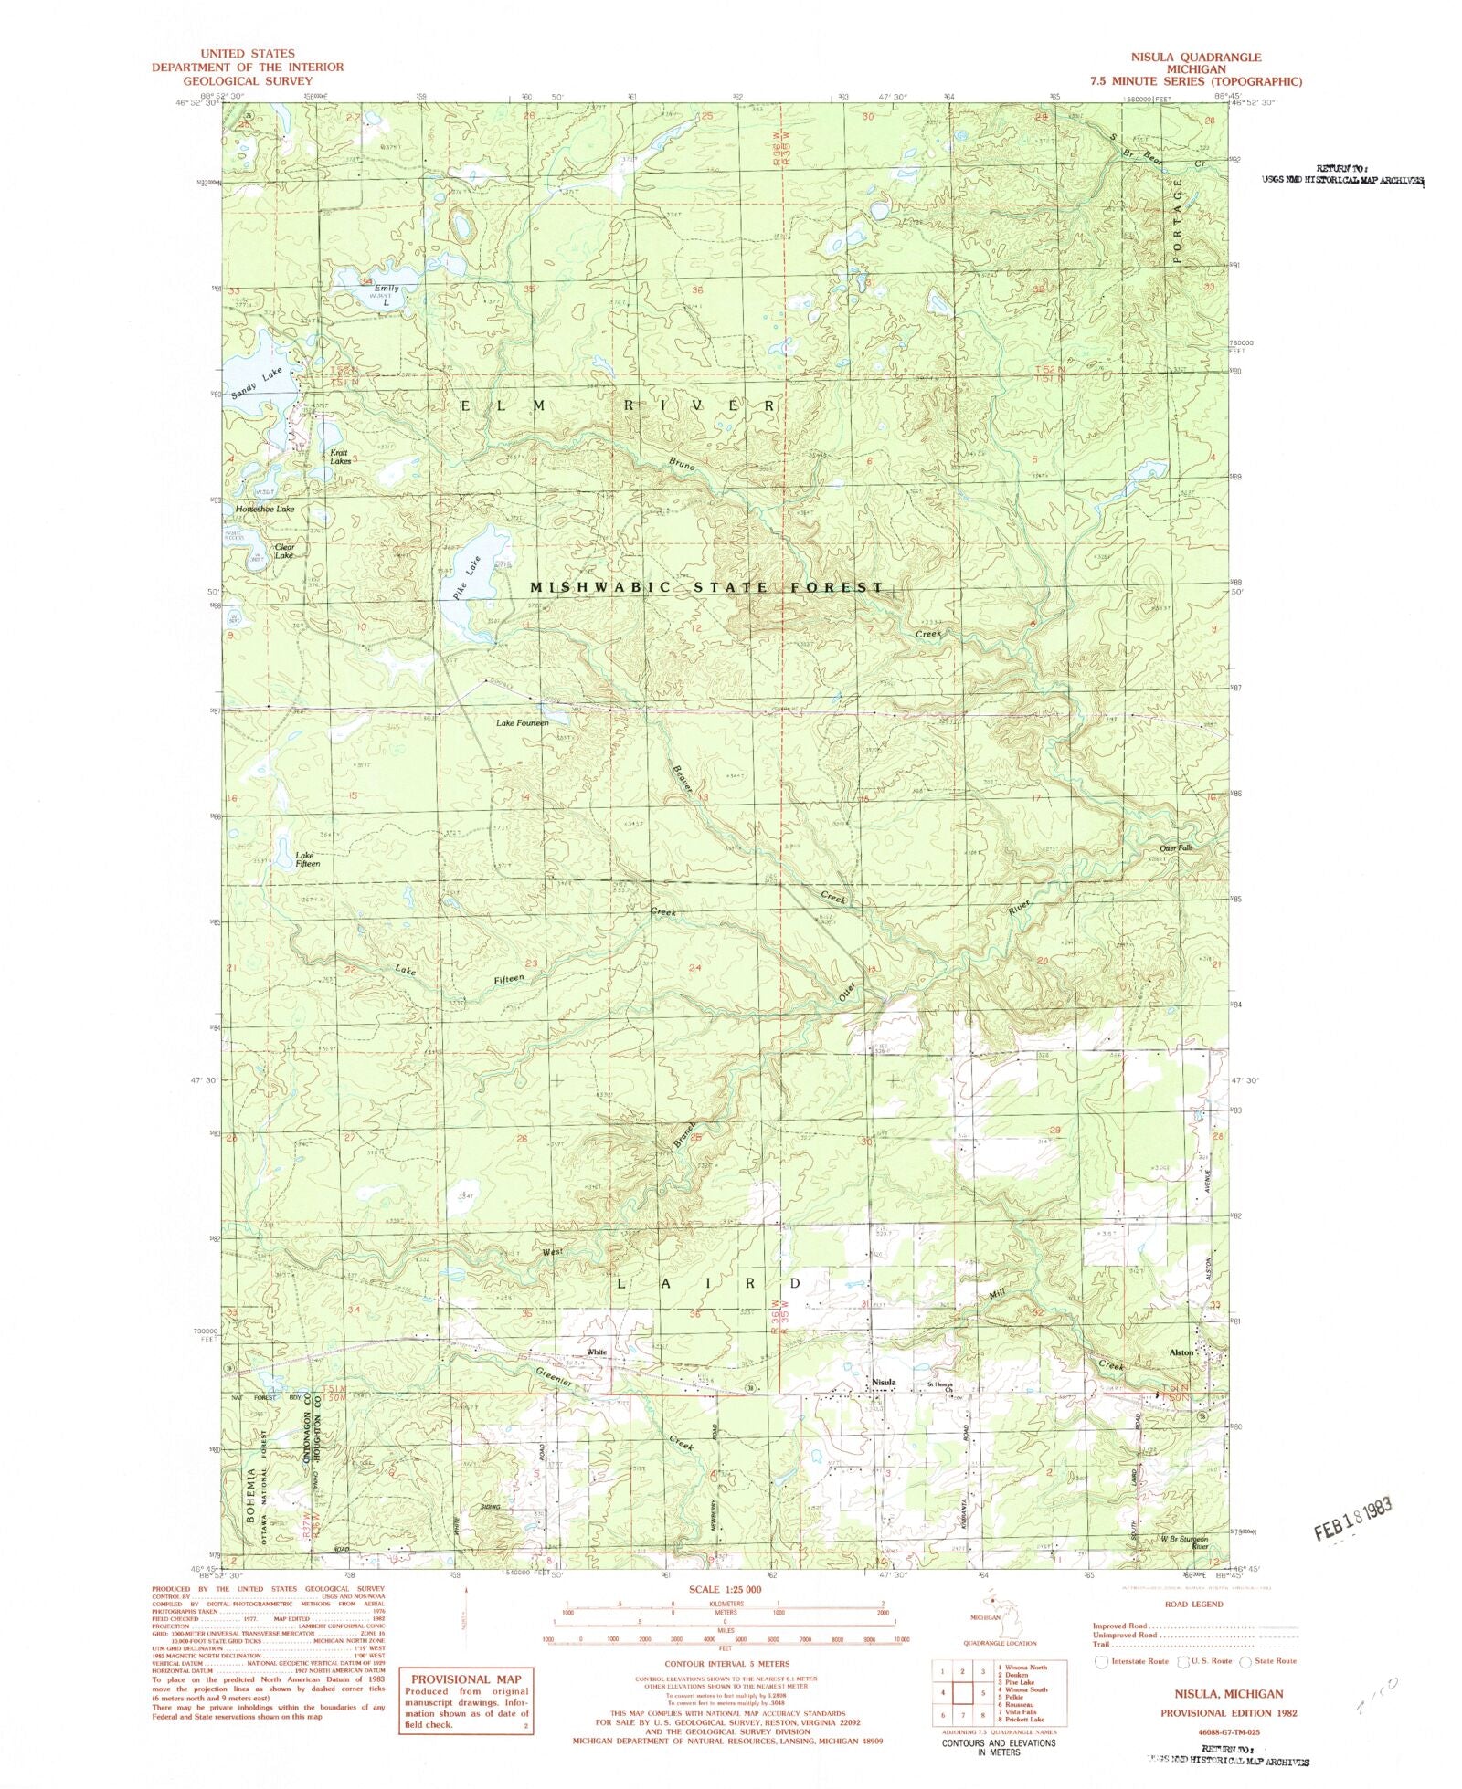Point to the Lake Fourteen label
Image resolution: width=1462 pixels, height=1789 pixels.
click(522, 723)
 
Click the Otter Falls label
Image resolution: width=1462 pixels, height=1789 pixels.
click(1176, 848)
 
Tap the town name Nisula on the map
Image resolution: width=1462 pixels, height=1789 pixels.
click(883, 1383)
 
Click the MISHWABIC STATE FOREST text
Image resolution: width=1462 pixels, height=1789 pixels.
click(707, 588)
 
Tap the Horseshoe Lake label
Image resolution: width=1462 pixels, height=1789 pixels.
click(265, 509)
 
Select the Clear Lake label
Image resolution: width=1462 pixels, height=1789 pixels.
click(284, 552)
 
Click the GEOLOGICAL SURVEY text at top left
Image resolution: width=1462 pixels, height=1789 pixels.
click(248, 80)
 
